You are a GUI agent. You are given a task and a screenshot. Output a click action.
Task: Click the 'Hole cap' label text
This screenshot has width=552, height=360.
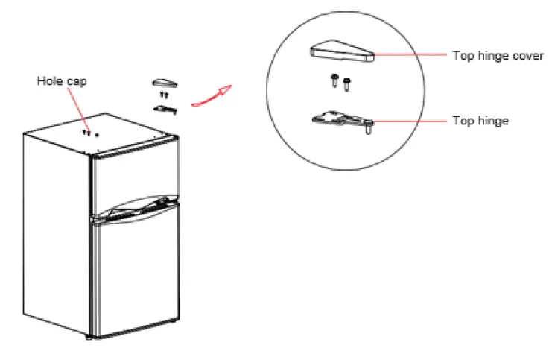tap(62, 80)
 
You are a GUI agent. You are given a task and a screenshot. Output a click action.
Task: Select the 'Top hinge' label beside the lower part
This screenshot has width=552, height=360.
tap(480, 120)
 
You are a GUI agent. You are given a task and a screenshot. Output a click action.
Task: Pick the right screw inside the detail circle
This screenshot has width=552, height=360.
tap(346, 84)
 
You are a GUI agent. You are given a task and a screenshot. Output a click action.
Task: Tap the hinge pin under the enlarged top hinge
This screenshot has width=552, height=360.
tap(368, 130)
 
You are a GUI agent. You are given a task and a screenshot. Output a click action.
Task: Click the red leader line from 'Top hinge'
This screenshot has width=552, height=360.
tap(410, 120)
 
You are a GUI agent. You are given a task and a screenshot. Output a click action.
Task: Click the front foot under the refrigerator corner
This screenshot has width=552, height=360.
tap(92, 339)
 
